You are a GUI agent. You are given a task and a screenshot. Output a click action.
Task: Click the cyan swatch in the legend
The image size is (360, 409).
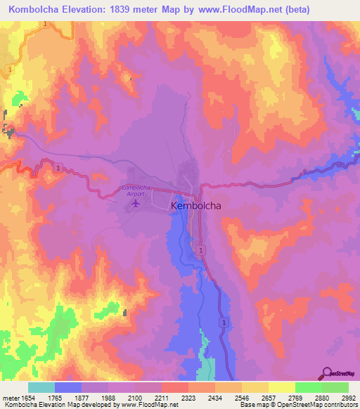[x=41, y=387]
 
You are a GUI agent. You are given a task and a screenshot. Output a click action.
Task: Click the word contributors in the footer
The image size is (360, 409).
[x=337, y=405]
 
